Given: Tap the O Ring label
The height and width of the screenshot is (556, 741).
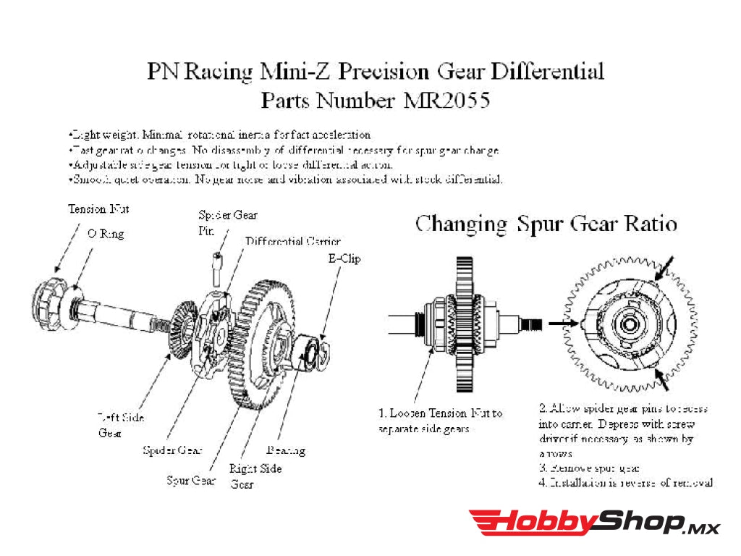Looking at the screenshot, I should click(105, 233).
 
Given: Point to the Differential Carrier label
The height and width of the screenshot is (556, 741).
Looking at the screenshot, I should click(292, 241).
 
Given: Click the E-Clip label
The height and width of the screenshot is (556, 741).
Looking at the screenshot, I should click(344, 258).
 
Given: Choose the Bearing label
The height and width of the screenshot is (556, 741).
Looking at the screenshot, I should click(286, 450).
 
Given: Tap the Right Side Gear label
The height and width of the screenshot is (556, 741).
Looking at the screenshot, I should click(255, 476).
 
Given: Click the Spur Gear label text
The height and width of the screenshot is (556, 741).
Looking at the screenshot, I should click(191, 480).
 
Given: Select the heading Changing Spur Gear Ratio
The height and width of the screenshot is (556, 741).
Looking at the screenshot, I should click(546, 224).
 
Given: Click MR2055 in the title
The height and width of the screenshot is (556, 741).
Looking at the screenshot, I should click(446, 99).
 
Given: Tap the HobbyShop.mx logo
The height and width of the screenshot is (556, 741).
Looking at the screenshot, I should click(593, 523).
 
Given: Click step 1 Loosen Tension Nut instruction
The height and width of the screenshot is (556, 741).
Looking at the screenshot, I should click(440, 421).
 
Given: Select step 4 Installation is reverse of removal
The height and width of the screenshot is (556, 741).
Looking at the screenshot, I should click(626, 482).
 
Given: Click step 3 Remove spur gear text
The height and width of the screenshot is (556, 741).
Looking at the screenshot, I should click(589, 468).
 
